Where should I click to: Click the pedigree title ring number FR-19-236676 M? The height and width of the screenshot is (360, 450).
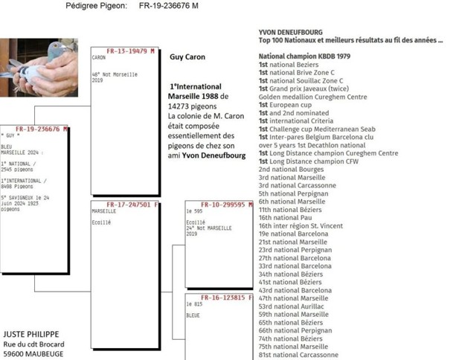point(168,7)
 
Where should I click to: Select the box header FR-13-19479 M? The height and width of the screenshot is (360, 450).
point(129,51)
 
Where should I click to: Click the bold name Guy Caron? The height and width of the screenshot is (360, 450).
point(187,57)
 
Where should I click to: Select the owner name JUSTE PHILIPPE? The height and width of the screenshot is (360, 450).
point(31,334)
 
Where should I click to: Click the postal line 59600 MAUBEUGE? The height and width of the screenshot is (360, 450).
point(33,355)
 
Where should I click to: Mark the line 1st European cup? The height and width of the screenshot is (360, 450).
point(286,105)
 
